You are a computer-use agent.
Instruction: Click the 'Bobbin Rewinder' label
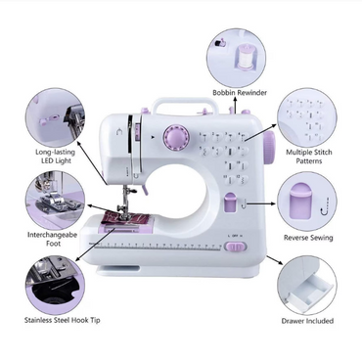pyautogui.click(x=240, y=93)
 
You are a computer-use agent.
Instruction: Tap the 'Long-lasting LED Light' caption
pyautogui.click(x=56, y=157)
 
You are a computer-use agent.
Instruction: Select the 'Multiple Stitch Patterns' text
pyautogui.click(x=309, y=157)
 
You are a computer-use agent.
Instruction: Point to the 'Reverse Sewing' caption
pyautogui.click(x=308, y=238)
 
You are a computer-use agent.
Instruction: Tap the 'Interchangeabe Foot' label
pyautogui.click(x=52, y=239)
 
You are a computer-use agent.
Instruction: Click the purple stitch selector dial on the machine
pyautogui.click(x=177, y=138)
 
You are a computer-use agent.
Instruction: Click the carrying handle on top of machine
pyautogui.click(x=185, y=101)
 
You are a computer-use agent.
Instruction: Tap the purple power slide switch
pyautogui.click(x=236, y=247)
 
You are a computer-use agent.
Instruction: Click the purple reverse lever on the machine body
pyautogui.click(x=230, y=202)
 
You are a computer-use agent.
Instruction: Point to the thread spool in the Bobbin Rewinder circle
pyautogui.click(x=245, y=55)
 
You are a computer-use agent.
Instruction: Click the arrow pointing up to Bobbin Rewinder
pyautogui.click(x=234, y=106)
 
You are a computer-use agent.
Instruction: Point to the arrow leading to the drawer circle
pyautogui.click(x=275, y=260)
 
